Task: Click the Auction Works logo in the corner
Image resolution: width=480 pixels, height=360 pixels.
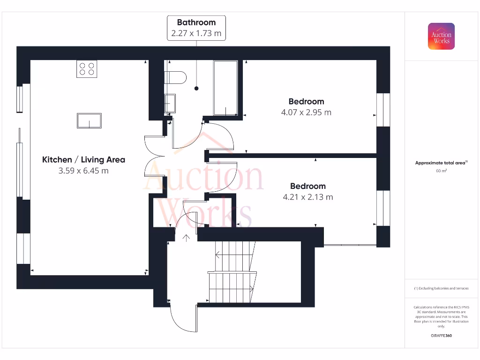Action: pyautogui.click(x=441, y=36)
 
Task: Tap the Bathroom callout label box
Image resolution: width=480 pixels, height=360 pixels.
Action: pyautogui.click(x=196, y=28)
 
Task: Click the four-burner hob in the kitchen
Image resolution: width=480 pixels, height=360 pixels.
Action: pyautogui.click(x=87, y=69)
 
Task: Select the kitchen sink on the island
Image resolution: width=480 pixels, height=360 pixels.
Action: pyautogui.click(x=89, y=120)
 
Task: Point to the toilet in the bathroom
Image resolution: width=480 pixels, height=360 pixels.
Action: pyautogui.click(x=176, y=77)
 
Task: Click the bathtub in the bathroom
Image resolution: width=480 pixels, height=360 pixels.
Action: pyautogui.click(x=225, y=88)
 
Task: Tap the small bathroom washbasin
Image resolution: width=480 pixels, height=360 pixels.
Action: pyautogui.click(x=170, y=103)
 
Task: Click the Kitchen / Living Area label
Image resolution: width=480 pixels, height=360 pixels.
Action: pyautogui.click(x=83, y=160)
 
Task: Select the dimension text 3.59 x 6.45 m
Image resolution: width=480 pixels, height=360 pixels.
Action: pyautogui.click(x=83, y=171)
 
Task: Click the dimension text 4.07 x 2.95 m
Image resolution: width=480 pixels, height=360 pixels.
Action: pyautogui.click(x=306, y=112)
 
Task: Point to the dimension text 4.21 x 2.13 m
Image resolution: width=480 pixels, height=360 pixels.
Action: pyautogui.click(x=307, y=197)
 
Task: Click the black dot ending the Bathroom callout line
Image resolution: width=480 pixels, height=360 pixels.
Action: pyautogui.click(x=196, y=88)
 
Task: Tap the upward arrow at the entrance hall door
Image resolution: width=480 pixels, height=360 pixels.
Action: pyautogui.click(x=186, y=238)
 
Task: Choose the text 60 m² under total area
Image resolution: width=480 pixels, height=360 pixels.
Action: pyautogui.click(x=441, y=171)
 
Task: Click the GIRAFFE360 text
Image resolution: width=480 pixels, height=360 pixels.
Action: pyautogui.click(x=441, y=336)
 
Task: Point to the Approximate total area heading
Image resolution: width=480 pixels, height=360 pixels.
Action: pyautogui.click(x=441, y=163)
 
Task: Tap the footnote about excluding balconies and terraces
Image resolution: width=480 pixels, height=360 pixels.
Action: pyautogui.click(x=441, y=288)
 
